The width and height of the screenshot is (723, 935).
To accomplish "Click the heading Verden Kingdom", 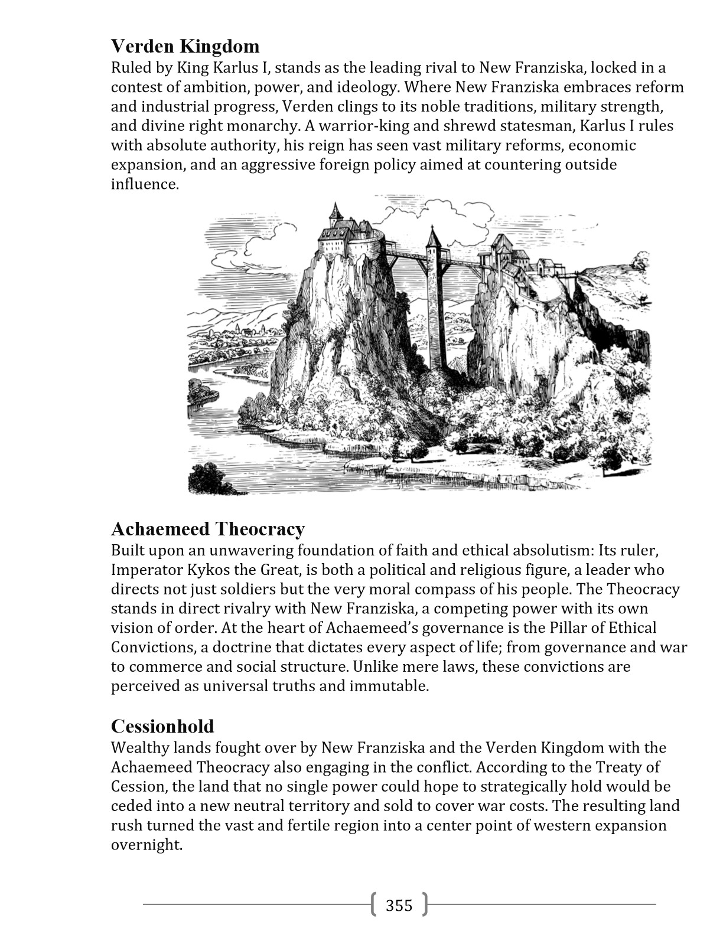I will [x=185, y=46].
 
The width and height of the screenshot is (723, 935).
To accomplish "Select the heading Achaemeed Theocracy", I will [x=208, y=528].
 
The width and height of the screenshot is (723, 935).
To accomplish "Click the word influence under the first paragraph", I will [x=144, y=184].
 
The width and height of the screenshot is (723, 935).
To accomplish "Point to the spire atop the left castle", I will [x=336, y=211].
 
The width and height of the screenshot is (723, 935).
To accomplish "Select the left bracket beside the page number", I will [x=374, y=904].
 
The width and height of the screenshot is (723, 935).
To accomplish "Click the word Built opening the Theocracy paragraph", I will [x=127, y=551].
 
